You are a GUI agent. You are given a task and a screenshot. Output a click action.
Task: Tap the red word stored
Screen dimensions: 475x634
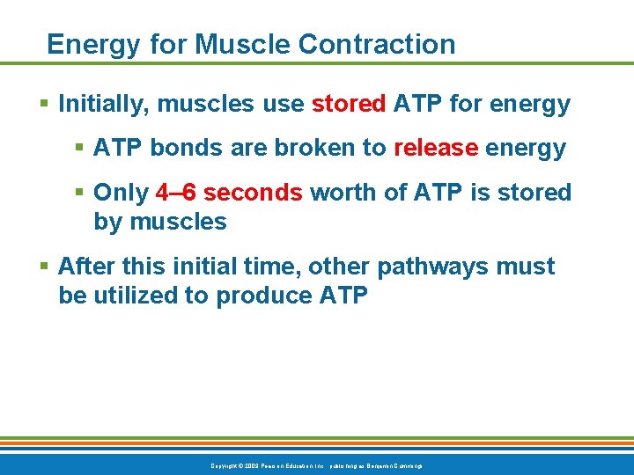349,105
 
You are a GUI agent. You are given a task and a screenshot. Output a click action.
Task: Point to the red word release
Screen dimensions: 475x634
436,148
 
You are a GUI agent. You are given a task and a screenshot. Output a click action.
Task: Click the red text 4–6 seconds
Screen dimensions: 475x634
228,193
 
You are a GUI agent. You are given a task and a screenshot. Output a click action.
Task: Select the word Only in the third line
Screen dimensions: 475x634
121,193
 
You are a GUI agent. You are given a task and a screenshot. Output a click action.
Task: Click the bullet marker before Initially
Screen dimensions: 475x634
45,105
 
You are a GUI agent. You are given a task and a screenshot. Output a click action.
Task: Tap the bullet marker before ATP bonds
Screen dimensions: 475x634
80,148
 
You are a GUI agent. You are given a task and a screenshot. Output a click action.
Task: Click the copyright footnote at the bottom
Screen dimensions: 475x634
317,464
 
